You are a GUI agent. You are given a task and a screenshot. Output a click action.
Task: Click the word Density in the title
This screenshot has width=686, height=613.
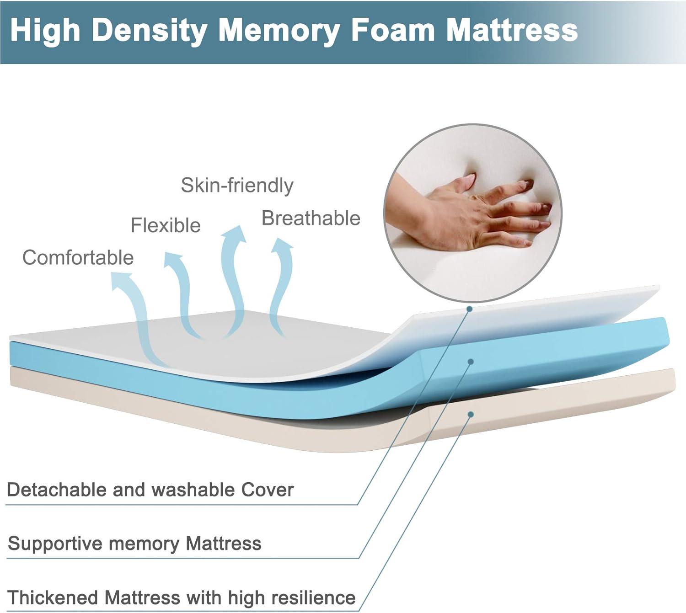coord(150,31)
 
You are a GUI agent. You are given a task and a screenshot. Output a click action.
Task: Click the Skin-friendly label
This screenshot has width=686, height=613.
coord(237,185)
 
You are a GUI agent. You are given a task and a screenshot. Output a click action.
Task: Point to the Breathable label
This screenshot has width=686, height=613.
coord(311,218)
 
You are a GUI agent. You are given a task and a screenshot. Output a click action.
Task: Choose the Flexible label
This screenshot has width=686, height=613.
coord(166,225)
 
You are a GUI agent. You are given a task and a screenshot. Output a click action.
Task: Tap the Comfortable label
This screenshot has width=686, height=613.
coord(78,257)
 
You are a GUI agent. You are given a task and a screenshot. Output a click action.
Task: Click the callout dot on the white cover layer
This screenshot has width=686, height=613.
coord(469,309)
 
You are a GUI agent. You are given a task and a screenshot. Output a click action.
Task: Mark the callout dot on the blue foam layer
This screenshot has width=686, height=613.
coord(470,362)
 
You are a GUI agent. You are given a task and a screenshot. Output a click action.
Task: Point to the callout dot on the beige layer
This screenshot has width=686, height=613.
coord(470,414)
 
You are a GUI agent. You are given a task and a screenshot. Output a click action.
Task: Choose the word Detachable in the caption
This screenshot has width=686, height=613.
coord(57,490)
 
